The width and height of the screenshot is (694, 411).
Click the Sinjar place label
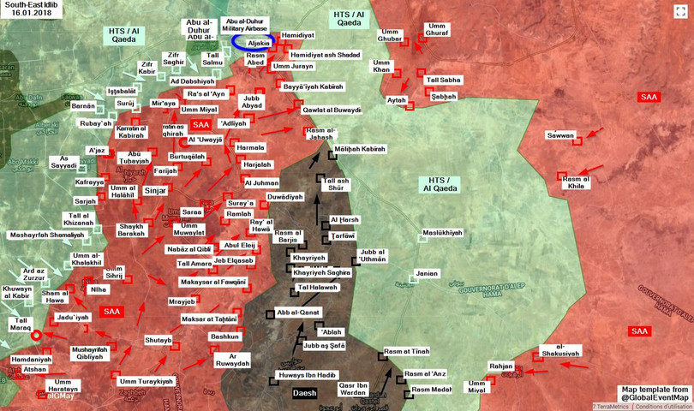click(x=155, y=191)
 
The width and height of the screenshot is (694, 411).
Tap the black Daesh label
click(x=304, y=394)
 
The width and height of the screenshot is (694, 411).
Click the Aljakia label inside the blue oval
click(x=259, y=43)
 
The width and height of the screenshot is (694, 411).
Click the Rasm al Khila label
click(x=576, y=181)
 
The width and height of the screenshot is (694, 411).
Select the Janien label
click(x=426, y=274)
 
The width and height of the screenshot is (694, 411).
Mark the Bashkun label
click(x=224, y=337)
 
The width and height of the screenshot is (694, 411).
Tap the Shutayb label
click(x=159, y=340)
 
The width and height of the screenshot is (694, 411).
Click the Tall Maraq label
click(x=18, y=324)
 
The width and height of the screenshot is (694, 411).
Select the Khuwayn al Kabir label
click(x=17, y=294)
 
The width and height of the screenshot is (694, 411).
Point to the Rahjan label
click(x=500, y=366)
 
